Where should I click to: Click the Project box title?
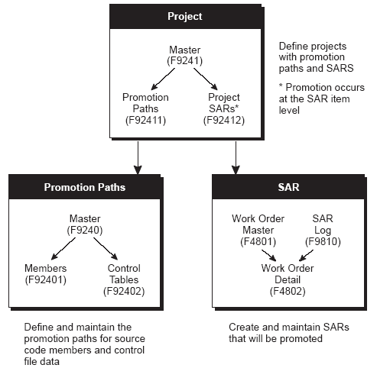[185, 16]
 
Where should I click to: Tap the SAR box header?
[288, 187]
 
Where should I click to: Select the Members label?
[45, 268]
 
